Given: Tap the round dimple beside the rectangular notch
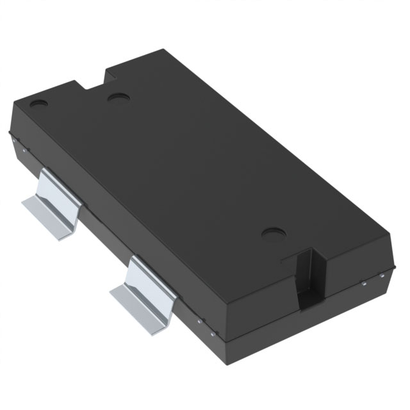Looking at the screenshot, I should coord(117,99).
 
